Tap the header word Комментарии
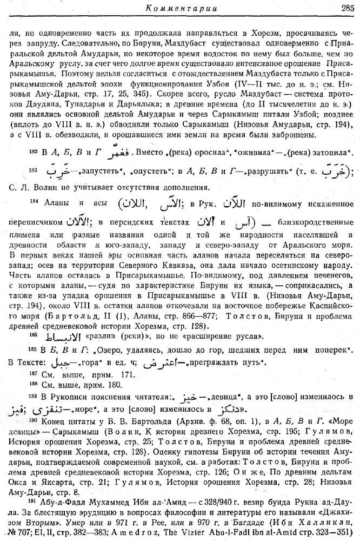coord(170,8)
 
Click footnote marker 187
coord(32,375)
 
